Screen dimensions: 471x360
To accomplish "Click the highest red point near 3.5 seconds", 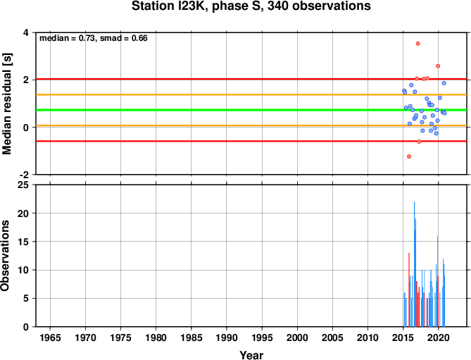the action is pos(417,44).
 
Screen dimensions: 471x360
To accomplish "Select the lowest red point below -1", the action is pos(409,156).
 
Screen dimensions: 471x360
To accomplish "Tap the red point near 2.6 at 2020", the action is pos(438,66).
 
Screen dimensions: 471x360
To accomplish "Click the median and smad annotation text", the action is pos(94,38).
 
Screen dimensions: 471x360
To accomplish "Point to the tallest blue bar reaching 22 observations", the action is pos(415,264).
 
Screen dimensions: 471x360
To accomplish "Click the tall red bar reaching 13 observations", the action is pos(409,290).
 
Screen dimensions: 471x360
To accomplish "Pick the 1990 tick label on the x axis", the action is pos(227,337).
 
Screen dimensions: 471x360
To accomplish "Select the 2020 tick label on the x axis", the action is pos(438,337).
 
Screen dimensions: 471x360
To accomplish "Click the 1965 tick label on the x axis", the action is pos(50,337).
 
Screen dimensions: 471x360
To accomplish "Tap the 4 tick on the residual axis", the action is pos(26,32).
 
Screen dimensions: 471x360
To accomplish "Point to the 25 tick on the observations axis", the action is pos(24,185).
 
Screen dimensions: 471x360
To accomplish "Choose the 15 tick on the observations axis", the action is pos(24,242).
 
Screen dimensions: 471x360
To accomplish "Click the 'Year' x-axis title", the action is pos(251,355).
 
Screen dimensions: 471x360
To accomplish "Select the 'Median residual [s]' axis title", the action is pos(6,104).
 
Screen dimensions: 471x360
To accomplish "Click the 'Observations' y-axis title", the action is pos(5,256).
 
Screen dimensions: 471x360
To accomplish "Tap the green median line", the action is pos(251,110).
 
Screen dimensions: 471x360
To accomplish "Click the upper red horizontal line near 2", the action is pos(251,79).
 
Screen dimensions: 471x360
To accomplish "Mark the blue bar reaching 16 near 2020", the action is pos(438,281).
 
